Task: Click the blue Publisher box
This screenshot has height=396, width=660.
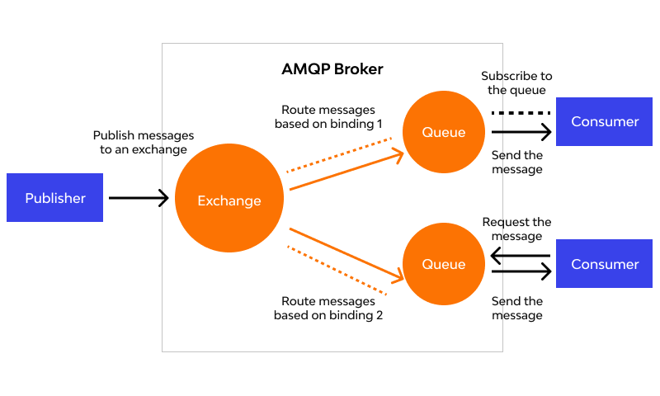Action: click(x=54, y=198)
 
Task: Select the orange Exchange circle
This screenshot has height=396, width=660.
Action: click(x=229, y=200)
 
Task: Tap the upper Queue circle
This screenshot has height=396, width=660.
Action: click(x=444, y=132)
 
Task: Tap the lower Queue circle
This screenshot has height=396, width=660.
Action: click(x=444, y=264)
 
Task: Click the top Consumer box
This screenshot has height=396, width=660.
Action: click(x=604, y=121)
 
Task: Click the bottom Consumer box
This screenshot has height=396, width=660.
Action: click(x=604, y=264)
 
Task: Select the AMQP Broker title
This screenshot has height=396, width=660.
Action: click(x=332, y=69)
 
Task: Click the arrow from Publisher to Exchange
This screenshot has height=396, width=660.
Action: click(x=139, y=198)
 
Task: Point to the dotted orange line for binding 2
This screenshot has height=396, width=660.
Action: click(x=337, y=270)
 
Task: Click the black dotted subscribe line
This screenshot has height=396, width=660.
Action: click(x=521, y=112)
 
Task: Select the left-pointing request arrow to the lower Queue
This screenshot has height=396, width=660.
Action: click(x=521, y=257)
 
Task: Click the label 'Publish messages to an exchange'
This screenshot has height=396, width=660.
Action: click(x=144, y=143)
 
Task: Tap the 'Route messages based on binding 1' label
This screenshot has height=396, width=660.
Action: click(x=328, y=117)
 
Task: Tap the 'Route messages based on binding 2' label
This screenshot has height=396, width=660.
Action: click(x=328, y=308)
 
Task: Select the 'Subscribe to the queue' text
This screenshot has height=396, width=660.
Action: click(x=517, y=83)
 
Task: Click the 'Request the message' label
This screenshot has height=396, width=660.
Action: click(x=517, y=229)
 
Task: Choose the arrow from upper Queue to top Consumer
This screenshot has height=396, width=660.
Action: click(x=521, y=132)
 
